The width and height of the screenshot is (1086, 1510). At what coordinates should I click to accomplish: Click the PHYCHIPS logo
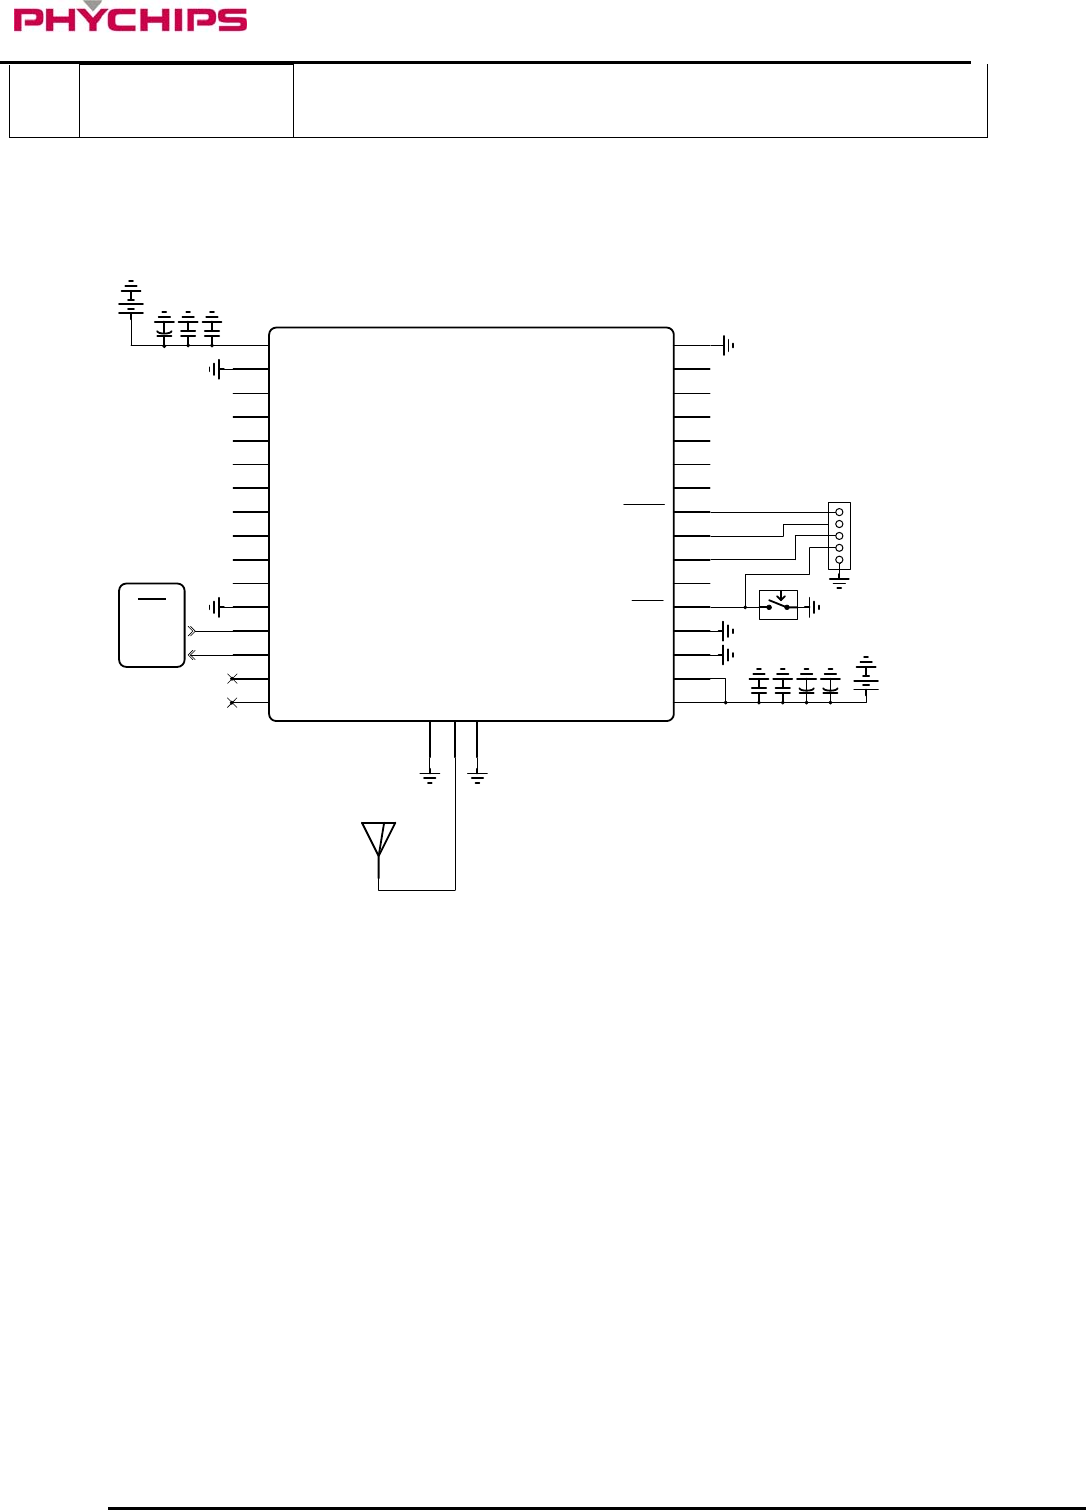pyautogui.click(x=130, y=18)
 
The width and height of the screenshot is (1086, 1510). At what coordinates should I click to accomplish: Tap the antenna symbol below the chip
pyautogui.click(x=378, y=840)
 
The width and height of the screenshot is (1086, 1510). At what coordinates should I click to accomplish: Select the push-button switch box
pyautogui.click(x=778, y=605)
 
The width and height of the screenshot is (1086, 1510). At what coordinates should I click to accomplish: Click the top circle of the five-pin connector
pyautogui.click(x=839, y=512)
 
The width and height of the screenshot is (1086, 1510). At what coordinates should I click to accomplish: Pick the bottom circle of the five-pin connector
pyautogui.click(x=839, y=560)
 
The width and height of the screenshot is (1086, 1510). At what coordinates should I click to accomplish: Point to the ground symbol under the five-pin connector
pyautogui.click(x=839, y=580)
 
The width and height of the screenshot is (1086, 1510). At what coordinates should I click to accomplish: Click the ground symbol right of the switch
pyautogui.click(x=815, y=607)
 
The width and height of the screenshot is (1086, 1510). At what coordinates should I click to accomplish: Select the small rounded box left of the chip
pyautogui.click(x=152, y=625)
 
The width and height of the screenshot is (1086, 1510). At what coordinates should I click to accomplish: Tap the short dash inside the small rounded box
pyautogui.click(x=152, y=599)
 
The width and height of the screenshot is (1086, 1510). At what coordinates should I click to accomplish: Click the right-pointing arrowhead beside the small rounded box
pyautogui.click(x=191, y=631)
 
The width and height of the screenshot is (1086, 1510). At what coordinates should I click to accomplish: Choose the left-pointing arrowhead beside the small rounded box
pyautogui.click(x=191, y=655)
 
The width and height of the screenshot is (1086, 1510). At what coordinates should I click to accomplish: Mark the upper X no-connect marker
pyautogui.click(x=232, y=679)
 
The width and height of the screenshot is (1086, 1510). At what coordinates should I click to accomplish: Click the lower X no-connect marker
pyautogui.click(x=232, y=703)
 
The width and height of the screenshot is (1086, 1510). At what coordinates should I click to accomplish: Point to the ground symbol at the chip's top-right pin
pyautogui.click(x=728, y=345)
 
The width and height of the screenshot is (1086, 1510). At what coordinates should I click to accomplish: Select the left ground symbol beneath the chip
pyautogui.click(x=430, y=777)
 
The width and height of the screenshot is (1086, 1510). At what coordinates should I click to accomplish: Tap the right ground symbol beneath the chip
pyautogui.click(x=477, y=777)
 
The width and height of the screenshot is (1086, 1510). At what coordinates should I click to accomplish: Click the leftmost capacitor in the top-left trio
pyautogui.click(x=164, y=327)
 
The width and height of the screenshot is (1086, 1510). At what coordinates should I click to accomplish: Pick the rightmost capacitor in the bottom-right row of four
pyautogui.click(x=830, y=684)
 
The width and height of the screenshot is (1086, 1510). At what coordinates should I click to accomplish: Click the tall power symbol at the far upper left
pyautogui.click(x=131, y=297)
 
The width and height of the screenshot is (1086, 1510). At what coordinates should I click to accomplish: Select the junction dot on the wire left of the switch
pyautogui.click(x=745, y=607)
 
